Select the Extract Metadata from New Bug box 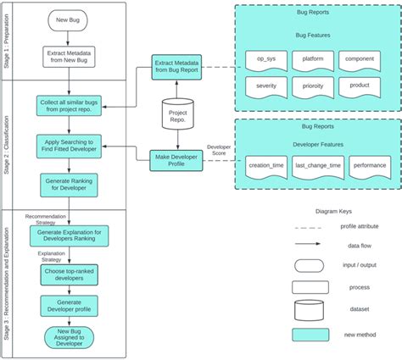pyautogui.click(x=68, y=57)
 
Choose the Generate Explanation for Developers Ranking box pyautogui.click(x=68, y=235)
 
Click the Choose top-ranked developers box pyautogui.click(x=68, y=274)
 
